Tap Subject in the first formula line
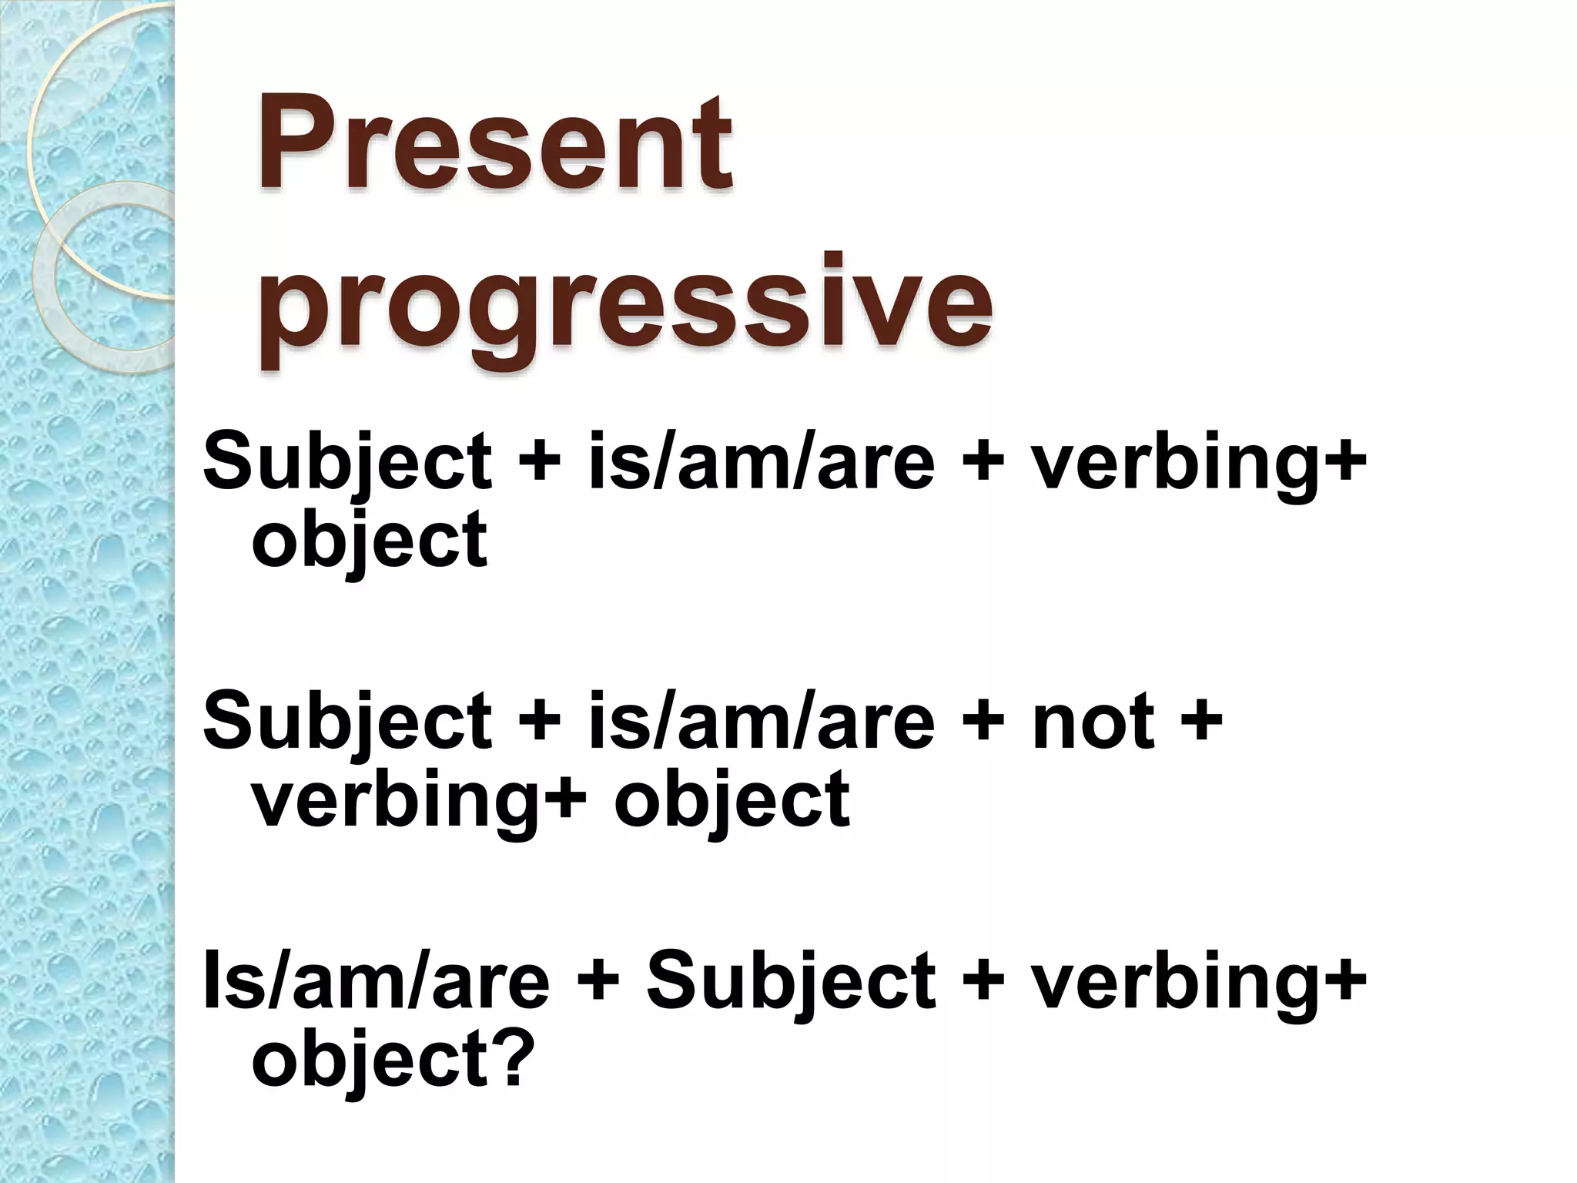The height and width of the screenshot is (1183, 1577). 347,462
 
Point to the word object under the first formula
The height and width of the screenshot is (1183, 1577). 370,539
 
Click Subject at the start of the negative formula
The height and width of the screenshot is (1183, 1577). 347,721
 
